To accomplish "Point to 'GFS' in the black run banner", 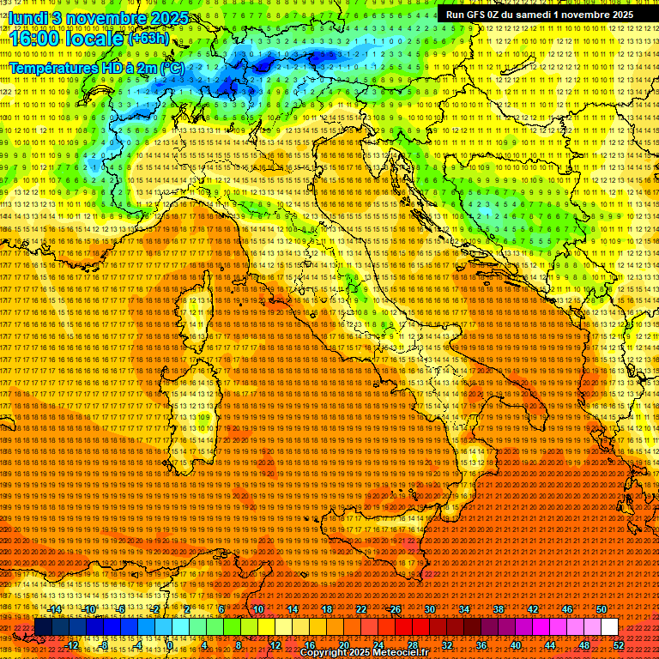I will point(478,15).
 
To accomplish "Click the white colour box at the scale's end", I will point(609,627).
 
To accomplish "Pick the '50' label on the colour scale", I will point(602,609).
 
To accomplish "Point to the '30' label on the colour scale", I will point(430,609).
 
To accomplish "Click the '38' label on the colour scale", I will point(499,609).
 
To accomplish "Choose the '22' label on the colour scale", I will point(361,609).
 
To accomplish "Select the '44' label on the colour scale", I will point(550,644).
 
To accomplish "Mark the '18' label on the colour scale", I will point(327,609).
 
